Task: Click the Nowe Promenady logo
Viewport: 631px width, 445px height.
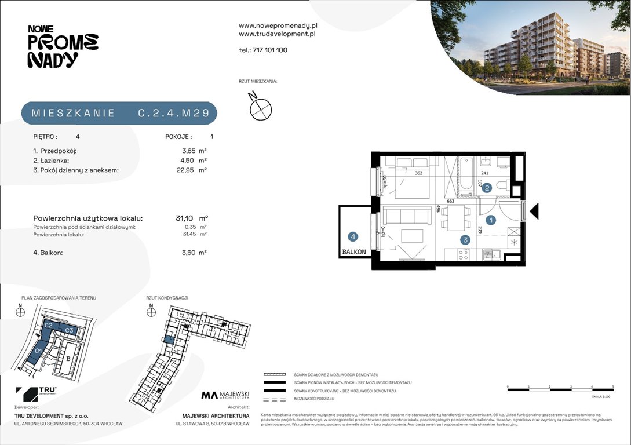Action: [63, 47]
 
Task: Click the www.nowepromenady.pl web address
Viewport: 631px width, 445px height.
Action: [278, 25]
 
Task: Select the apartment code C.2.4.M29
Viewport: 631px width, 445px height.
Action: [173, 113]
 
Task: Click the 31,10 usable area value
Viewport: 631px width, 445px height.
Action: [185, 218]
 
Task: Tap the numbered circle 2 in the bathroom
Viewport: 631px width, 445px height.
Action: [487, 187]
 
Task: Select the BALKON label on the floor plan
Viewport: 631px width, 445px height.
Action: [354, 252]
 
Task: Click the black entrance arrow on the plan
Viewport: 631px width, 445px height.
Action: [534, 211]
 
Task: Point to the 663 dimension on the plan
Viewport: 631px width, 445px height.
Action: [449, 200]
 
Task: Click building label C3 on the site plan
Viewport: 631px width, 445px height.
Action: [68, 330]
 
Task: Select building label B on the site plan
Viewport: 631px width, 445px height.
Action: [68, 359]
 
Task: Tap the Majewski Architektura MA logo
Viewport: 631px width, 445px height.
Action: [225, 395]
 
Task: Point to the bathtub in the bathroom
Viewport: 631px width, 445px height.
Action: [466, 174]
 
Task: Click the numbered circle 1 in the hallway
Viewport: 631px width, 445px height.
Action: [490, 220]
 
